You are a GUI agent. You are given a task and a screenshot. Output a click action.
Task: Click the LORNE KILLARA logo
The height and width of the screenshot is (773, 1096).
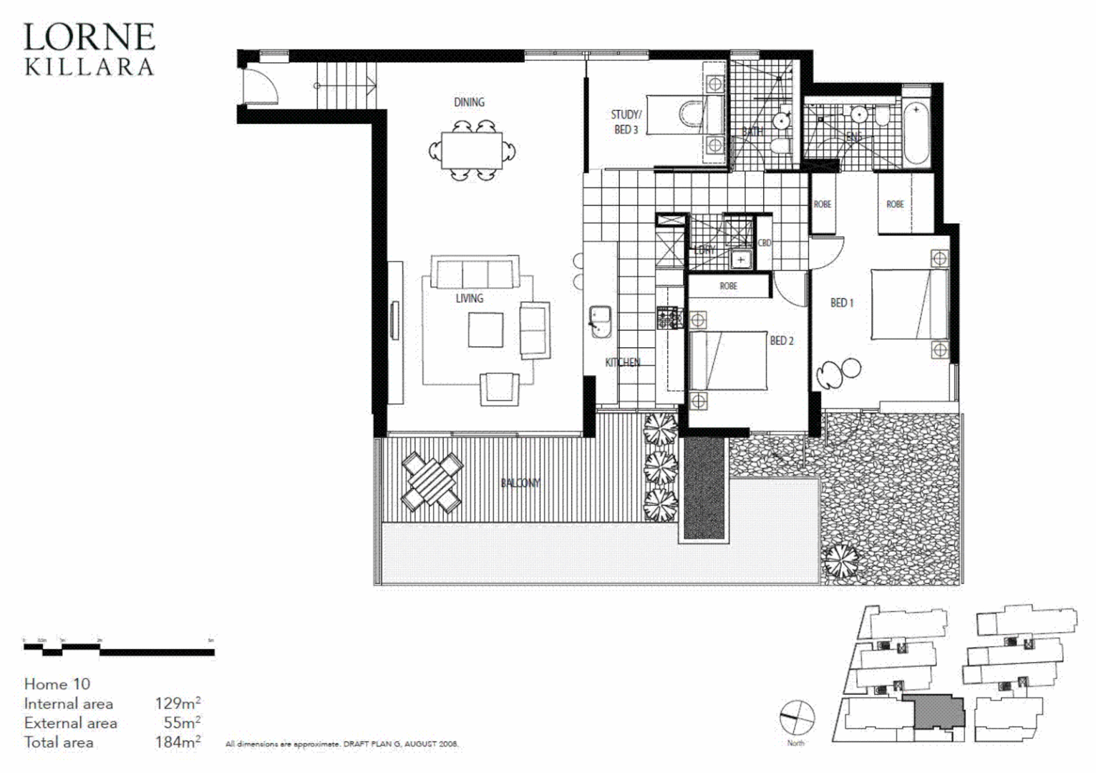(89, 49)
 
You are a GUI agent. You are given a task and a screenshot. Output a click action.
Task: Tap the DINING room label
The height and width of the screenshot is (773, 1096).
(469, 102)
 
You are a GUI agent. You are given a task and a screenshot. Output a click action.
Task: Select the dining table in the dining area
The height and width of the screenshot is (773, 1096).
(471, 150)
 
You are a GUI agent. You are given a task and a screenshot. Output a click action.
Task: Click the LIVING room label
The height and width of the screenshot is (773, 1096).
(470, 298)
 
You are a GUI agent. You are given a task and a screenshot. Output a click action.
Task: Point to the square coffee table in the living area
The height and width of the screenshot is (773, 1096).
(485, 330)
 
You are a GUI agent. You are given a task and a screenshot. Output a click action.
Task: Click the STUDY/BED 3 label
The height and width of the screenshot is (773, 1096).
(626, 122)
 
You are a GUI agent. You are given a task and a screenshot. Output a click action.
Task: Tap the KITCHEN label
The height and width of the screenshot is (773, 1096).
(622, 362)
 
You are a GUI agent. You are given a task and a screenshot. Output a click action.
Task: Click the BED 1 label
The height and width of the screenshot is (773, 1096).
(842, 303)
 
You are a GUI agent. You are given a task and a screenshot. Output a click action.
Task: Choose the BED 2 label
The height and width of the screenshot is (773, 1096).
(782, 341)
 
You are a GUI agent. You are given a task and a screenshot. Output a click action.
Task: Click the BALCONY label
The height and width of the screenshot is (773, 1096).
(520, 483)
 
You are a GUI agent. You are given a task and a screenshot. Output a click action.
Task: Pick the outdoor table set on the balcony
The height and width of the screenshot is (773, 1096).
(432, 483)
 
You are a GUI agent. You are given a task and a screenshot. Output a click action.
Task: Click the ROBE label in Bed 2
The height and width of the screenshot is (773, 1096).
(728, 286)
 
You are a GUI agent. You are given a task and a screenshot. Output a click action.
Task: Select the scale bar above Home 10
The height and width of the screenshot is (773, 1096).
(119, 649)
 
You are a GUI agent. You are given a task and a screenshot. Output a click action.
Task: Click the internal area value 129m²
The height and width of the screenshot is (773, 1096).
(178, 704)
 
